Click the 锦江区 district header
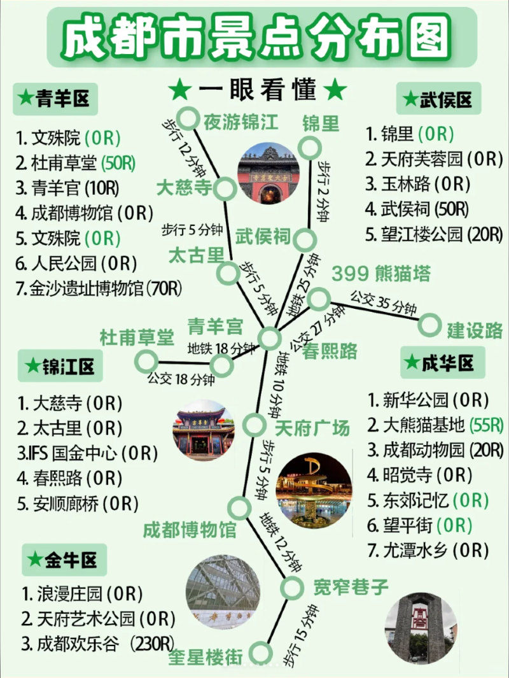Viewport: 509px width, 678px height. pos(60,367)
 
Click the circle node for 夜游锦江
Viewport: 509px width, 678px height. pos(188,118)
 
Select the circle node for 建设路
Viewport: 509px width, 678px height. pos(429,325)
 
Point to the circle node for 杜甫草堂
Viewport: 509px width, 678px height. pos(146,361)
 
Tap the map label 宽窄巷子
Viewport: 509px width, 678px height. pos(351,586)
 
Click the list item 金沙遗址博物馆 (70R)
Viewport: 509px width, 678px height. pos(99,288)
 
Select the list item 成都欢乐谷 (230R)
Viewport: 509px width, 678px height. pos(99,644)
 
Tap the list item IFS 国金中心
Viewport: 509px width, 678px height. pos(87,453)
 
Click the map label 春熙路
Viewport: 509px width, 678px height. pos(330,351)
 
